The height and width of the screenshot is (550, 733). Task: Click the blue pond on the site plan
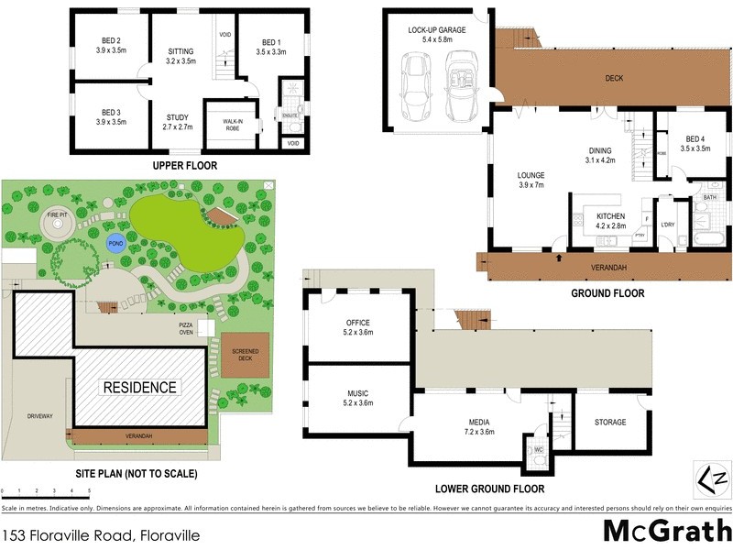[x=115, y=244]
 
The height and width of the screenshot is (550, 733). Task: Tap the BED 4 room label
[x=695, y=142]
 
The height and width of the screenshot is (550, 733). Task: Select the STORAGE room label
[x=609, y=422]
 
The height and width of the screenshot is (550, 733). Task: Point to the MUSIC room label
[x=357, y=397]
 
